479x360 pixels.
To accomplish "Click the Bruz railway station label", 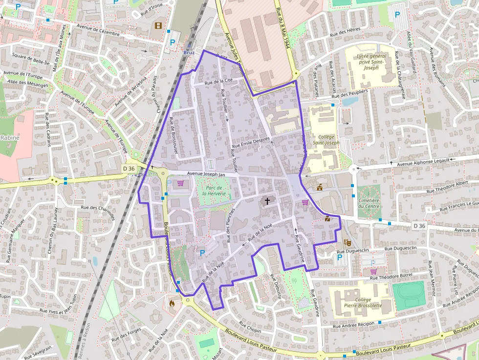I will tap(189, 52).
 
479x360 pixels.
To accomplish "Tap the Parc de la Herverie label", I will tap(215, 191).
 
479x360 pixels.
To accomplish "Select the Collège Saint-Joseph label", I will tap(325, 140).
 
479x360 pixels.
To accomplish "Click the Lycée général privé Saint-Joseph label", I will tap(371, 63).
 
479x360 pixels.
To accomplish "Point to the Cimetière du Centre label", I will tap(369, 203).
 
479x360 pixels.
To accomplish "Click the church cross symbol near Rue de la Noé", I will tap(267, 200).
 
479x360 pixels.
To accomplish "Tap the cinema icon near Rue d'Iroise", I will tap(158, 25).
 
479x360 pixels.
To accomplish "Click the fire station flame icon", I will tap(172, 303).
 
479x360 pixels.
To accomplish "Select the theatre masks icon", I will tap(348, 241).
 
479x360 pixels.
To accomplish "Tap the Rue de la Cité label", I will tap(218, 82).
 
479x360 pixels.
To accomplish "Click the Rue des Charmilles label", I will tap(98, 213).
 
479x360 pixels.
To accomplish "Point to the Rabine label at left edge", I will tap(9, 138).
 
